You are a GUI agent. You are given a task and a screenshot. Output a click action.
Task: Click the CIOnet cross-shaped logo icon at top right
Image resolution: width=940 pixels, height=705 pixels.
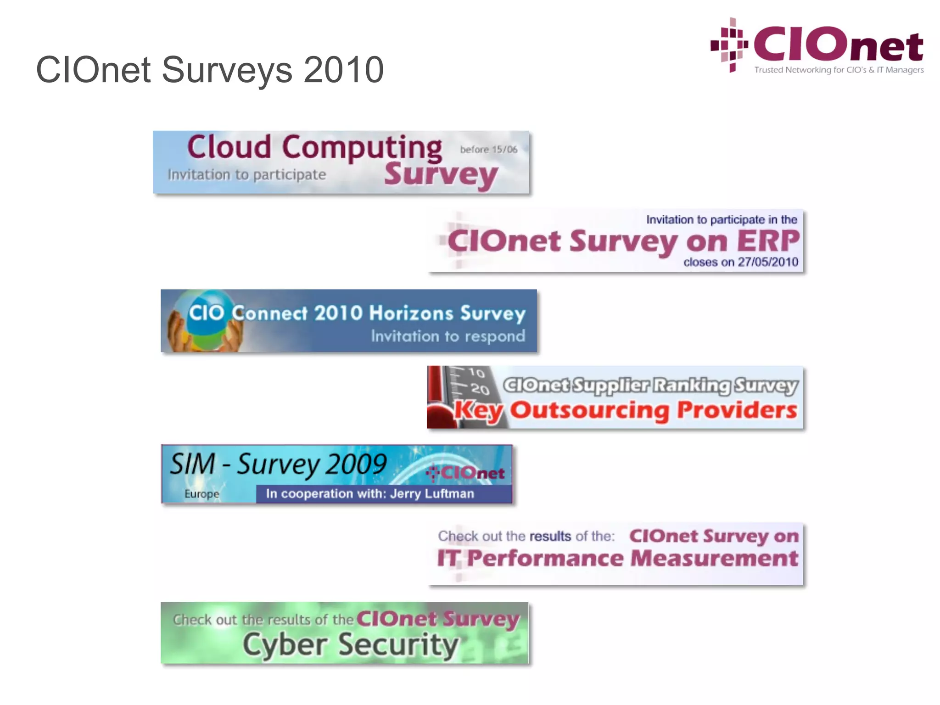click(729, 45)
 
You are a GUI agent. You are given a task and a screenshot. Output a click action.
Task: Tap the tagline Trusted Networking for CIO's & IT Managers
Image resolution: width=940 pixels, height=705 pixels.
click(839, 70)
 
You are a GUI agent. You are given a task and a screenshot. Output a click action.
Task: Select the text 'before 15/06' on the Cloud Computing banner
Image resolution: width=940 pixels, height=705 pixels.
click(488, 150)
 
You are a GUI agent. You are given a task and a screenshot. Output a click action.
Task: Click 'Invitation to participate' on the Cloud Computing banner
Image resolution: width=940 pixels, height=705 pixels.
click(247, 175)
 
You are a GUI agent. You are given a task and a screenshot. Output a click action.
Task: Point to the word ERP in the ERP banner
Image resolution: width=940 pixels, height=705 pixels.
click(768, 241)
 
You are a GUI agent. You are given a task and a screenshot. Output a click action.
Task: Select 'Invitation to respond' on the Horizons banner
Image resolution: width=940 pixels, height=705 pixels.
click(448, 336)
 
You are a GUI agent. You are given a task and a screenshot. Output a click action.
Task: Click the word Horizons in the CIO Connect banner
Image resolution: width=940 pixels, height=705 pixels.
click(411, 313)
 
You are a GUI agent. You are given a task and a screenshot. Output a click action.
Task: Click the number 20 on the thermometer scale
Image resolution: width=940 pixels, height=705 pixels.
click(480, 389)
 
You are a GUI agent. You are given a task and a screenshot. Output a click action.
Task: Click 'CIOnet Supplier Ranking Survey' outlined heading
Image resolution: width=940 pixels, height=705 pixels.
click(650, 386)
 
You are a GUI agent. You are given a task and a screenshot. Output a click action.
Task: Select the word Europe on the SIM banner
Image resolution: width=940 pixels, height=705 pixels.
click(201, 494)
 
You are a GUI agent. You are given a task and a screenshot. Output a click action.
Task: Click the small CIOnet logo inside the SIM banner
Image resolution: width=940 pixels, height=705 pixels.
click(465, 473)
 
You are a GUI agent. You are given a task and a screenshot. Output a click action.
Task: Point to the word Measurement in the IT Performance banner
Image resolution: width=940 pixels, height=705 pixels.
click(714, 559)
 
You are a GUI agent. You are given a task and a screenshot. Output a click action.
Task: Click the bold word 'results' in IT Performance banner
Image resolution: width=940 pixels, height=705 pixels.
click(550, 536)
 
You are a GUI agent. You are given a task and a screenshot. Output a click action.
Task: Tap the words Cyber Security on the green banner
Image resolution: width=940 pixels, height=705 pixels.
click(351, 645)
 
